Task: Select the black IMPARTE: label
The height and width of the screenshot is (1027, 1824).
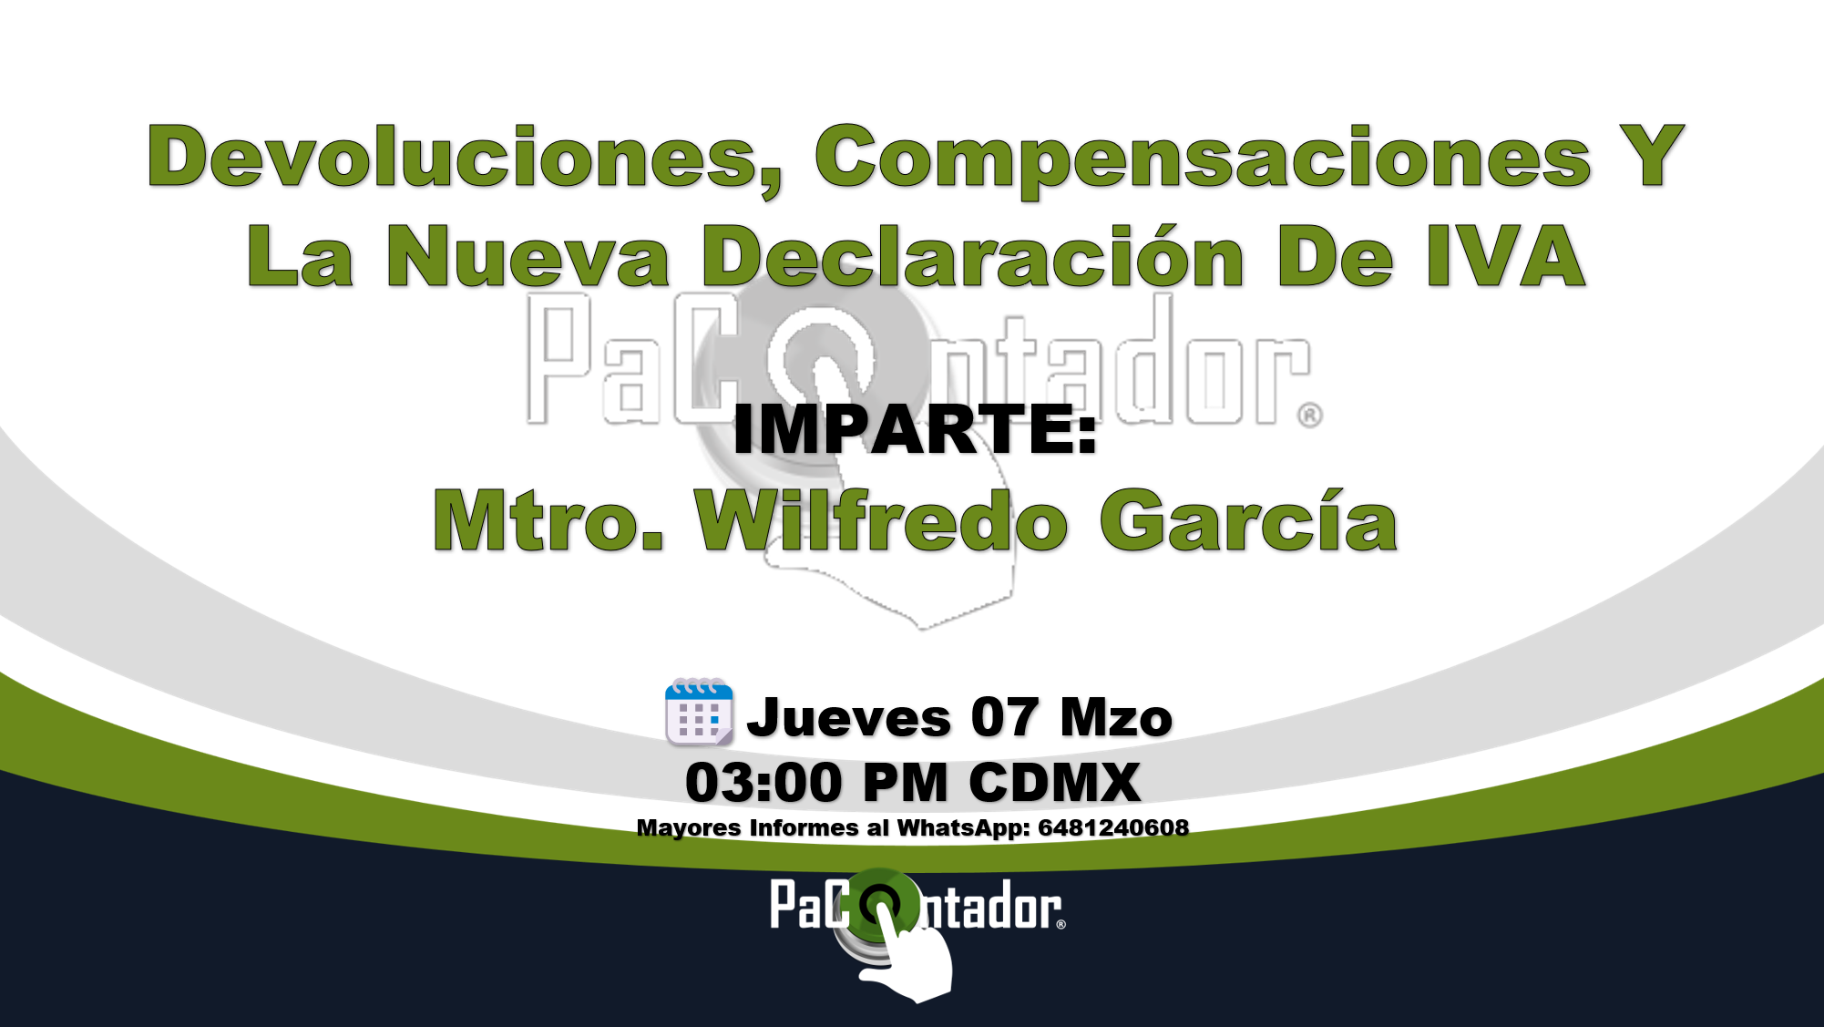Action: (x=915, y=429)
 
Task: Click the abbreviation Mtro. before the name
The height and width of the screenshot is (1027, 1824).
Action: (x=548, y=520)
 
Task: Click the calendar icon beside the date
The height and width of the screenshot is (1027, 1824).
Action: (x=699, y=712)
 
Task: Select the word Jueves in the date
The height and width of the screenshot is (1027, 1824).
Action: (x=849, y=718)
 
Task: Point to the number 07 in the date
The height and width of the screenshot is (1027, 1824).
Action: (x=1004, y=717)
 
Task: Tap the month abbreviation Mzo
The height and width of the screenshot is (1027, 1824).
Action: (x=1116, y=717)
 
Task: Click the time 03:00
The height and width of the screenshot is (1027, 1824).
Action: (x=763, y=783)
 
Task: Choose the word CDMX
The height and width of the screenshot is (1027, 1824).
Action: (x=1054, y=783)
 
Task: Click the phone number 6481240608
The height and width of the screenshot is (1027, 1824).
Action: (x=1113, y=827)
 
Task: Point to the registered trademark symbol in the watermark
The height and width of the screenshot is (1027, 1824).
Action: (x=1310, y=416)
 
